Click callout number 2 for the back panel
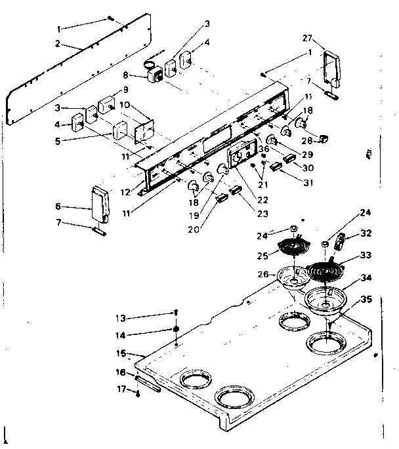(x=58, y=43)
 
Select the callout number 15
(x=119, y=353)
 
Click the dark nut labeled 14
(x=177, y=328)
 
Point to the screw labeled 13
(x=177, y=314)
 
